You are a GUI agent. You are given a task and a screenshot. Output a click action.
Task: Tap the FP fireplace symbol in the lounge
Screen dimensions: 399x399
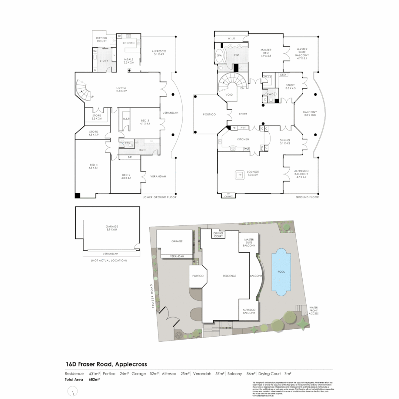pos(240,175)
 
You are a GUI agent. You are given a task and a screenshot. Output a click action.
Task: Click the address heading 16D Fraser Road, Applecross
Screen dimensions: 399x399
pos(106,364)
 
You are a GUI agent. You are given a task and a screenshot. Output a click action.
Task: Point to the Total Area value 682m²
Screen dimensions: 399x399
pos(95,379)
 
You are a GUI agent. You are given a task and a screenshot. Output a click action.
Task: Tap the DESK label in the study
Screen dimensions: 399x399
pos(283,75)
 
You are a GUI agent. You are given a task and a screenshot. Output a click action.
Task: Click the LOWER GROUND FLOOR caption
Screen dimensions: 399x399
pos(160,197)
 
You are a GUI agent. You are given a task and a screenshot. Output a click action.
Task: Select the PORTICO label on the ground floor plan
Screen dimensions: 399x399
pos(209,114)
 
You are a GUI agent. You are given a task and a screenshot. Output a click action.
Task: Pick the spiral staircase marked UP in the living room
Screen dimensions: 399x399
pos(84,91)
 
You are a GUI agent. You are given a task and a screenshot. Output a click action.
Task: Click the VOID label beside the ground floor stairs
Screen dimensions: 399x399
pos(229,95)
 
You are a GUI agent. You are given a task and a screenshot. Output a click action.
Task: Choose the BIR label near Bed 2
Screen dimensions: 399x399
pos(129,157)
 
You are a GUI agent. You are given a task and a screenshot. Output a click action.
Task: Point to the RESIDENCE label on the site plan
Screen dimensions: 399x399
pos(229,276)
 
